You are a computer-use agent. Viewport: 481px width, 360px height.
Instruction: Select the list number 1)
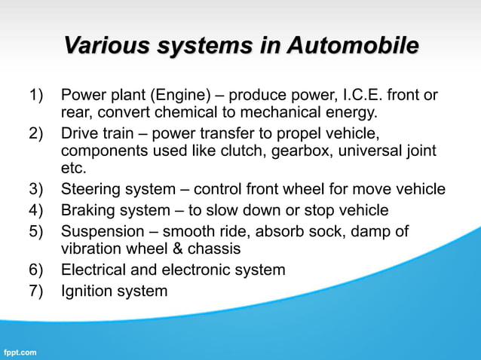click(x=38, y=96)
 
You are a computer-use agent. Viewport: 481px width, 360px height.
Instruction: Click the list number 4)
click(x=38, y=210)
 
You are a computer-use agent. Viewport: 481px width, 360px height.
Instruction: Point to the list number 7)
click(x=38, y=291)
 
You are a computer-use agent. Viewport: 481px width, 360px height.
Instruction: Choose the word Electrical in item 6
click(x=95, y=270)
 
